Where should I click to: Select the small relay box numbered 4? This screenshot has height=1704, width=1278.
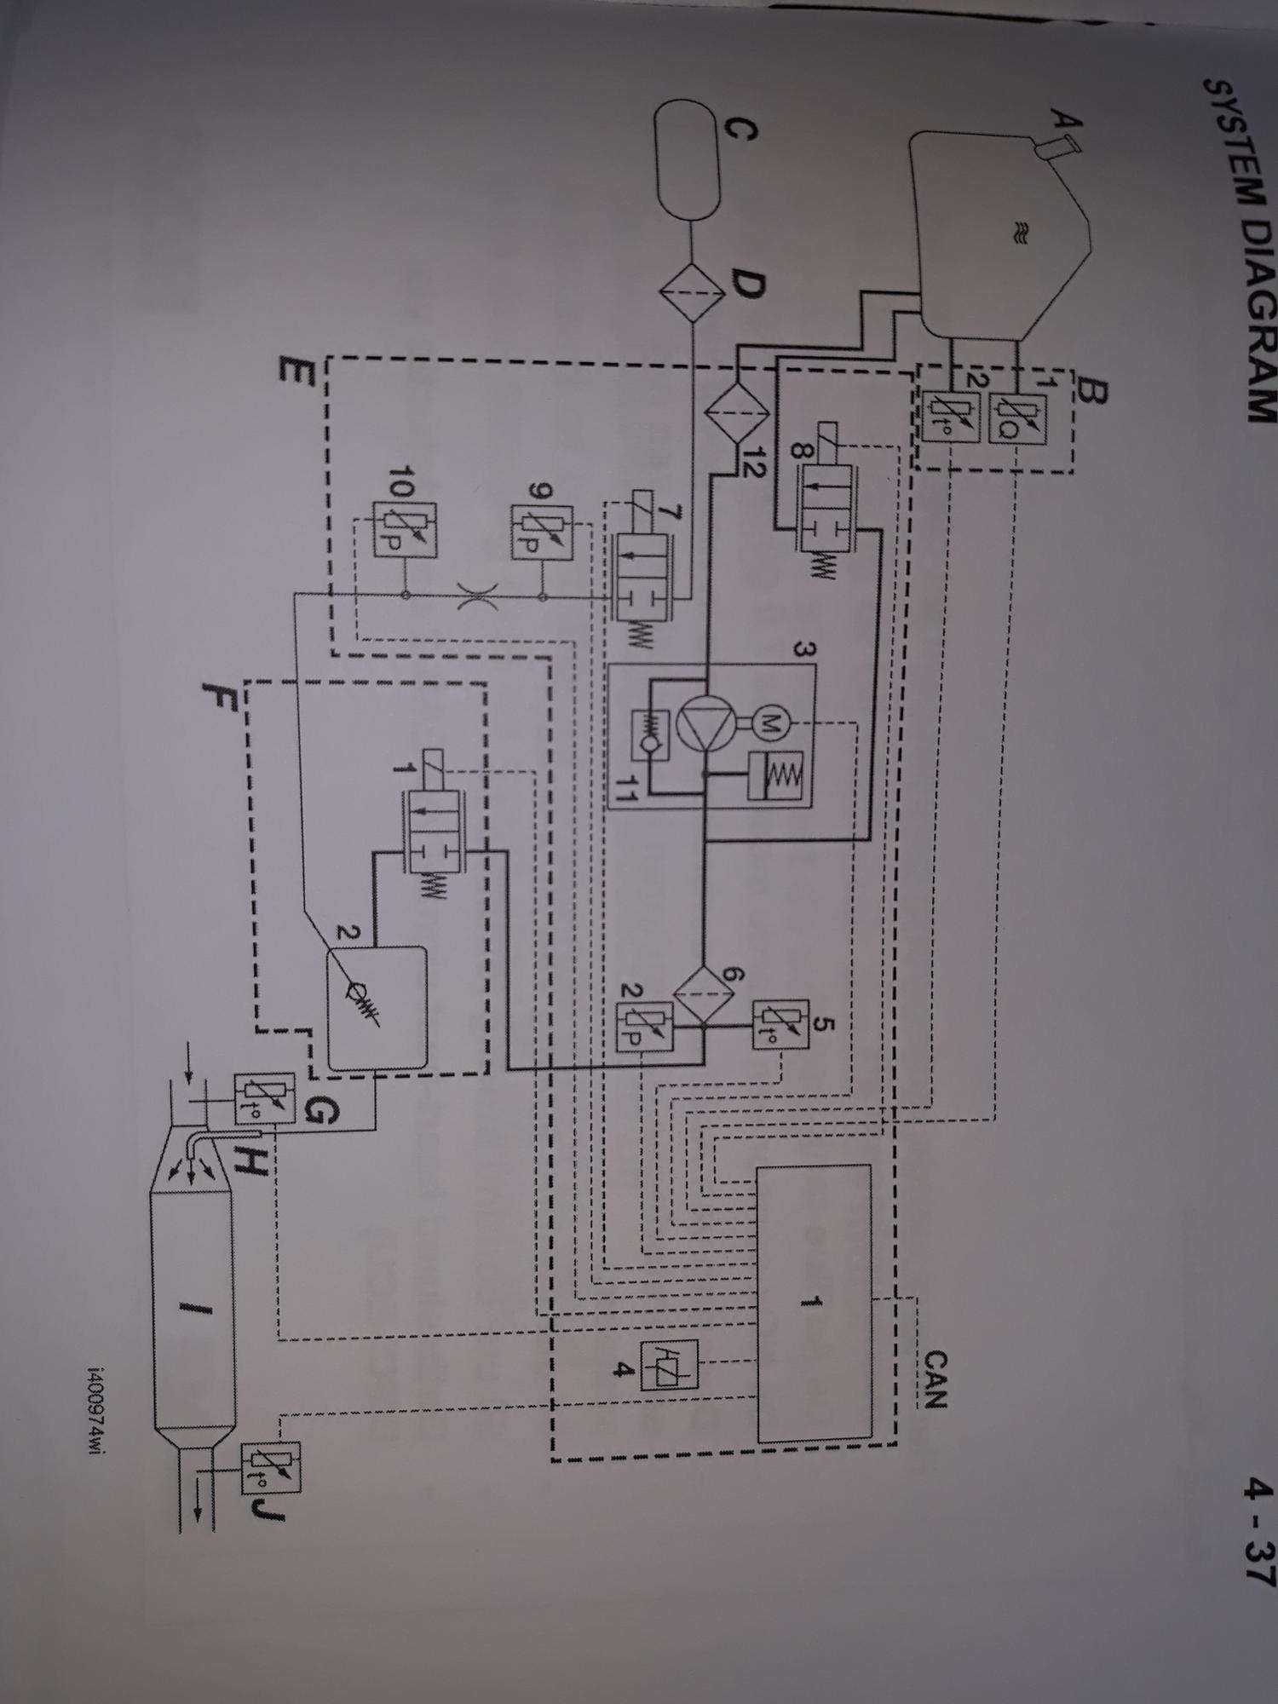click(x=673, y=1366)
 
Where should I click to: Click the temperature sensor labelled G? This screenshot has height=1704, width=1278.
click(x=265, y=1098)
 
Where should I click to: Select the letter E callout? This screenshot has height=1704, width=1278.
click(x=294, y=373)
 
